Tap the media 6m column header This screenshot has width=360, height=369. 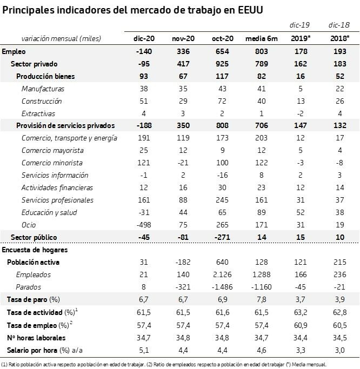click(x=262, y=38)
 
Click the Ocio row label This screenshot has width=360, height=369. click(x=29, y=225)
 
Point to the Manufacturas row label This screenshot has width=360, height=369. click(x=43, y=89)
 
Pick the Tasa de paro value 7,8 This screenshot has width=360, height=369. click(x=262, y=299)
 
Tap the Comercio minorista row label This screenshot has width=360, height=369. click(x=52, y=163)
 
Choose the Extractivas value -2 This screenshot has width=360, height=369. click(x=301, y=113)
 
